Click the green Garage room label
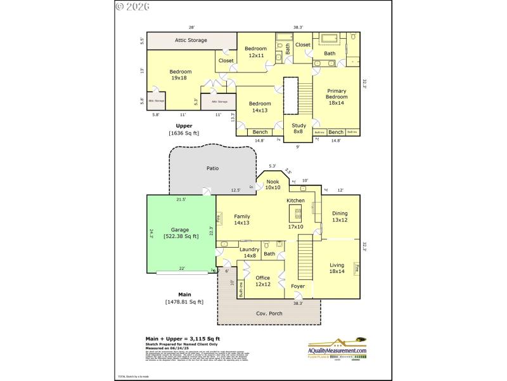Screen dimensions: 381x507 click(181, 232)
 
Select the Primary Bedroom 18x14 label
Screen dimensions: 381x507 click(336, 97)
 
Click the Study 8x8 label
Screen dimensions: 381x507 click(298, 129)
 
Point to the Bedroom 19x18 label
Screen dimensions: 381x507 click(181, 75)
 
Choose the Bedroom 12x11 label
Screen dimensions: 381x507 click(256, 51)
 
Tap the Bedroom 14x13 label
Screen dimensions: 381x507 click(260, 107)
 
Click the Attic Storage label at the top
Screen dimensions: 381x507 click(191, 39)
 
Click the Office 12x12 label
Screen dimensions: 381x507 click(262, 281)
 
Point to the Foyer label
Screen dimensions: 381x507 click(298, 286)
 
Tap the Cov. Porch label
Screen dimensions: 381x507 click(269, 314)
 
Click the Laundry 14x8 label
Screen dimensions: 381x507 click(249, 253)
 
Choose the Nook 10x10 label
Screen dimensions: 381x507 click(273, 185)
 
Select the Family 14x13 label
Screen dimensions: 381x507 click(242, 220)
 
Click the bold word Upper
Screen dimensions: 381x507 click(184, 126)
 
